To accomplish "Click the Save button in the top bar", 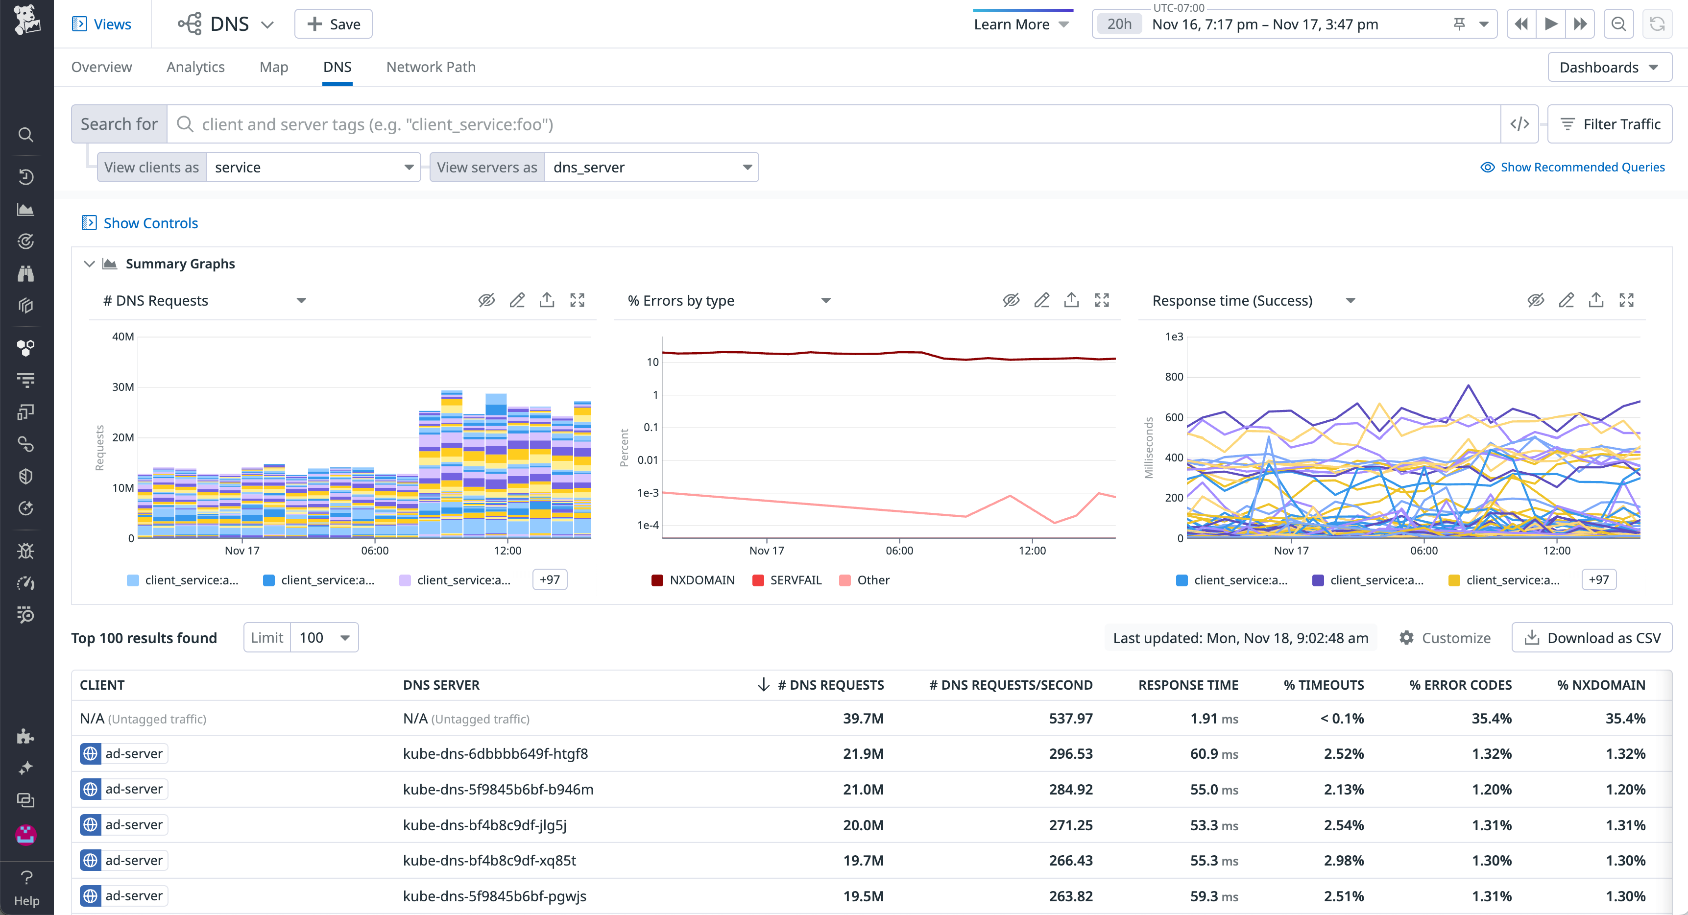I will click(x=333, y=24).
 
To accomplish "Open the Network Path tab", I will click(x=431, y=67).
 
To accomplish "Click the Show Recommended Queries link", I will click(x=1573, y=167).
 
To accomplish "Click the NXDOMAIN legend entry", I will click(x=693, y=580).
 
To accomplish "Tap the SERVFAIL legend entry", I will click(x=787, y=580).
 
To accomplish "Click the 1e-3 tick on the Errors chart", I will click(x=648, y=492).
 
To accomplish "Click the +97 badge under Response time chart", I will click(x=1598, y=579).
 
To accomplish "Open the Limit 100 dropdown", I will click(x=324, y=638).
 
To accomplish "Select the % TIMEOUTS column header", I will click(x=1323, y=685).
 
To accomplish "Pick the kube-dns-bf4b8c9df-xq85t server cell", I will click(x=489, y=860).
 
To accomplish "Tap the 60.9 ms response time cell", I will click(x=1213, y=754).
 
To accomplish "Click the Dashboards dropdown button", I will click(x=1609, y=68).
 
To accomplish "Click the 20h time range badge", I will click(x=1119, y=24).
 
